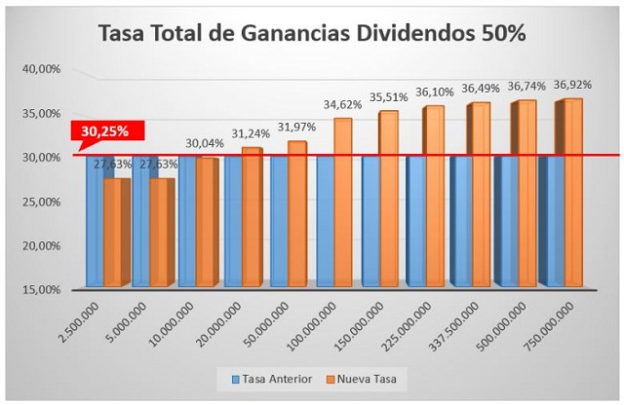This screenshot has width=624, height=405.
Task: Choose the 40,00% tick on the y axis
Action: pos(41,69)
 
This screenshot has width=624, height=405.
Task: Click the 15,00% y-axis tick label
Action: pos(41,289)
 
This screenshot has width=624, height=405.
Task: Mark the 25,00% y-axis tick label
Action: pos(41,202)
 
